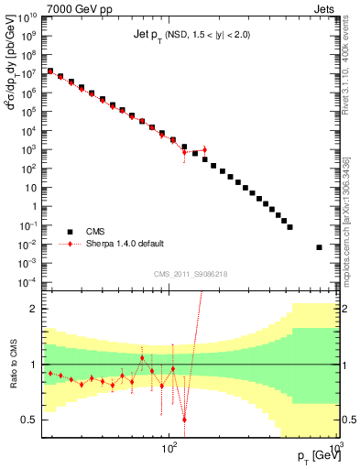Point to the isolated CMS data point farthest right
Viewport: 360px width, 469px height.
(320, 246)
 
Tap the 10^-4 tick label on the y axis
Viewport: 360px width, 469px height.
(27, 282)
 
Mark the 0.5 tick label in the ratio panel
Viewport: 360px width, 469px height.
(27, 420)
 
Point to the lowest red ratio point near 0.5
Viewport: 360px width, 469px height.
(185, 420)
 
